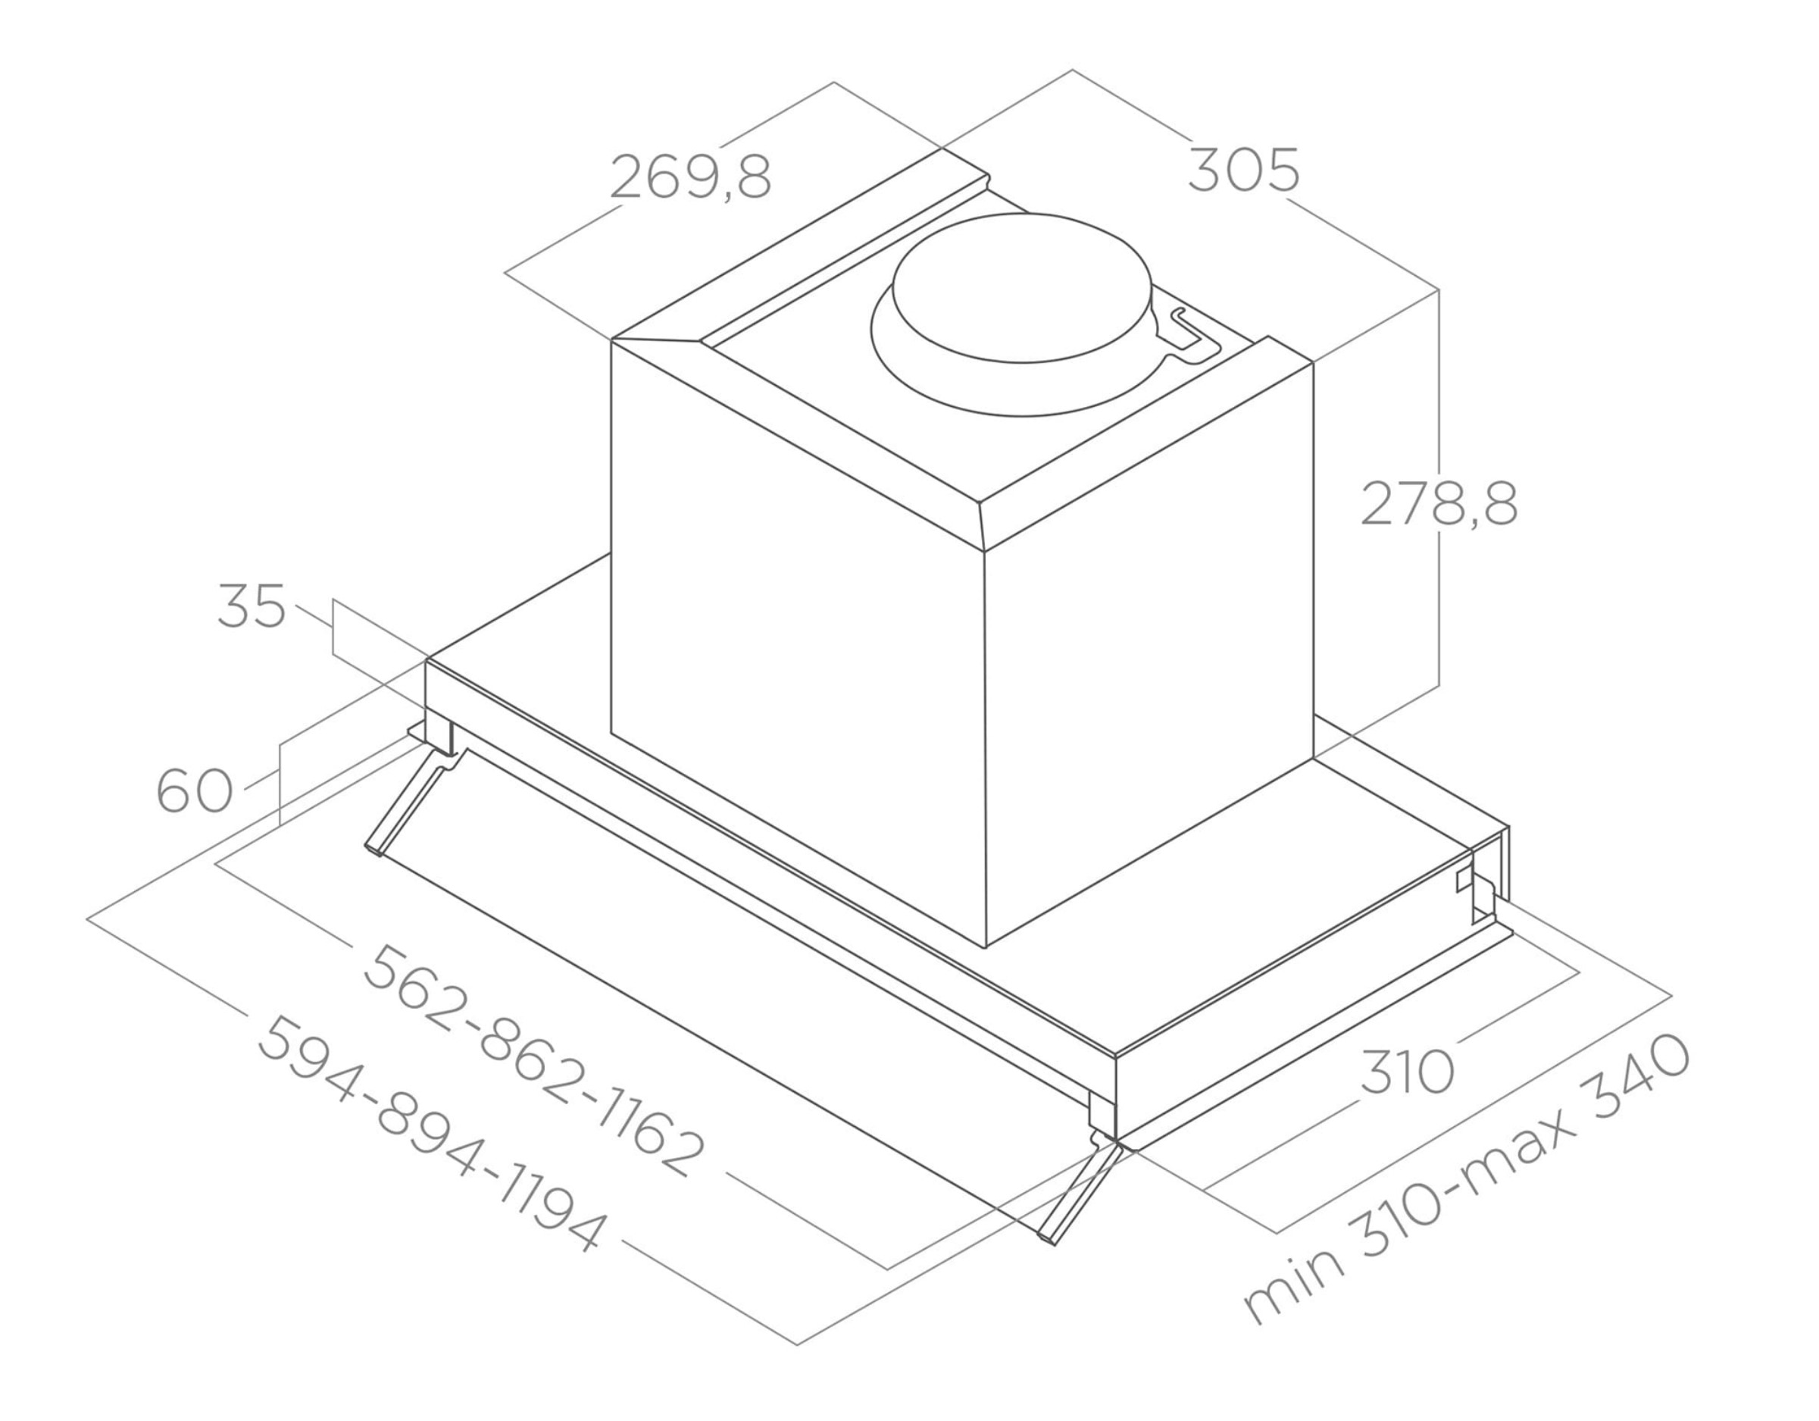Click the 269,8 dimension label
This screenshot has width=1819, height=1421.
pos(690,177)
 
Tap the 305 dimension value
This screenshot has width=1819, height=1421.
pos(1242,171)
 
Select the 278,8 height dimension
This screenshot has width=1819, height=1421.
pos(1439,503)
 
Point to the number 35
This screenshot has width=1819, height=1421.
pos(252,606)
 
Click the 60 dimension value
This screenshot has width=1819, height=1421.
pos(195,790)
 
